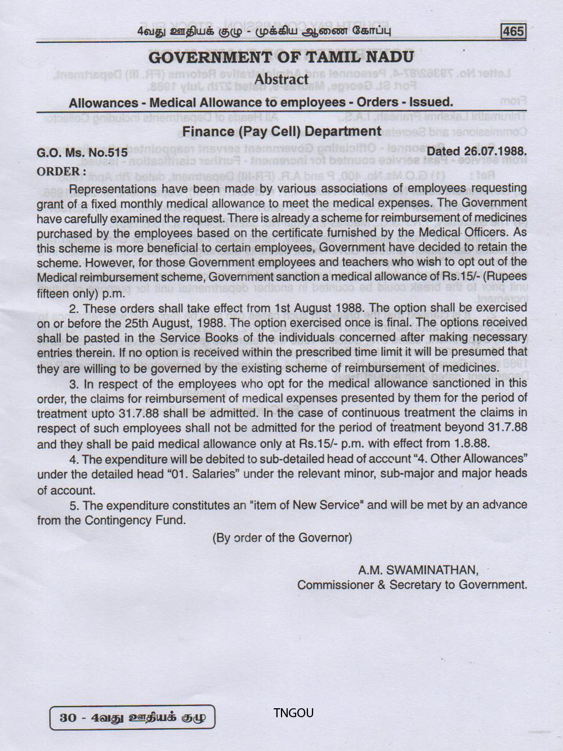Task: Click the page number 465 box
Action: pos(513,31)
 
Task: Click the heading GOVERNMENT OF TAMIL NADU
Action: pos(281,57)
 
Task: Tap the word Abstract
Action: pos(281,79)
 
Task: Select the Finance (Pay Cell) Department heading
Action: pos(281,132)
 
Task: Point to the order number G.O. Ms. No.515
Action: pos(82,153)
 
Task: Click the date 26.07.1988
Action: pos(495,151)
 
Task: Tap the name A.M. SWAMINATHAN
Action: pos(418,570)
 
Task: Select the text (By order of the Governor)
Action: pos(282,538)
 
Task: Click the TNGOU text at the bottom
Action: pos(293,713)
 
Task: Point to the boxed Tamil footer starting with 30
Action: pos(132,717)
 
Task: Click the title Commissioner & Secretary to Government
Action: pos(412,585)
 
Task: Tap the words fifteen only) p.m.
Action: pos(81,293)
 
